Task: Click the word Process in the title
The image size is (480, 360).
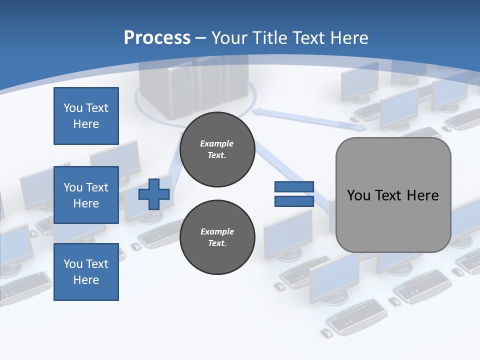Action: [157, 37]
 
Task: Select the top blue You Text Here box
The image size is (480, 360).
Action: [86, 116]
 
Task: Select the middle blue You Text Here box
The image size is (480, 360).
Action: [86, 195]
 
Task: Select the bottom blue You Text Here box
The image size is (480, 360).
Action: [86, 271]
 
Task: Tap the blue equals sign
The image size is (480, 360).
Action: [294, 194]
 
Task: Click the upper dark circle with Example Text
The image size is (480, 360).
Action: [217, 149]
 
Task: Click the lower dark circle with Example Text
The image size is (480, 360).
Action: [217, 237]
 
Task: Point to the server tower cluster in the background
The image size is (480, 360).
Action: [195, 85]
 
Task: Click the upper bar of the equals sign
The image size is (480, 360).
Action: [294, 187]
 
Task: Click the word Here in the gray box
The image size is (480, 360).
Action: [422, 195]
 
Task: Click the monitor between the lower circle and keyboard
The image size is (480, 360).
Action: [287, 232]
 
